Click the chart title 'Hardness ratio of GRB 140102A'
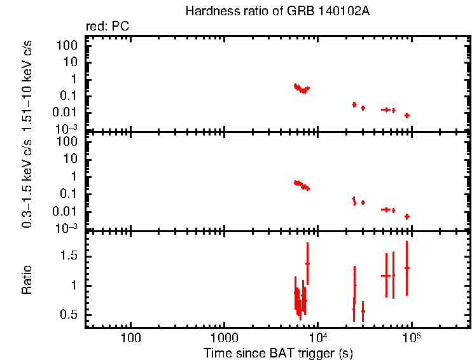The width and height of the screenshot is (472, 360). [277, 11]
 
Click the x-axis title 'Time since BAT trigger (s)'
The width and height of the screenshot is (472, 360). [278, 353]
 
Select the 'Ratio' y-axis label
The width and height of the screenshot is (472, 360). [27, 280]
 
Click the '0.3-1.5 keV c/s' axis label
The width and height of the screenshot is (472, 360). [27, 183]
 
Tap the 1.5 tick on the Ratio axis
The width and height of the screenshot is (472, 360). [73, 256]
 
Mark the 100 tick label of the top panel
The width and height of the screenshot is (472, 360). [69, 46]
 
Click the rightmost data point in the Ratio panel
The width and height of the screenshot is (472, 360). [406, 268]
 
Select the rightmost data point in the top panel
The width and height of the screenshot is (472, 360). [406, 115]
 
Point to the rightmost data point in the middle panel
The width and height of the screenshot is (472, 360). [406, 216]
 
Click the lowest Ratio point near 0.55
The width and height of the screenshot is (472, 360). [363, 311]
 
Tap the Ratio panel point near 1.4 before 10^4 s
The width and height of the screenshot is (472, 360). [307, 263]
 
